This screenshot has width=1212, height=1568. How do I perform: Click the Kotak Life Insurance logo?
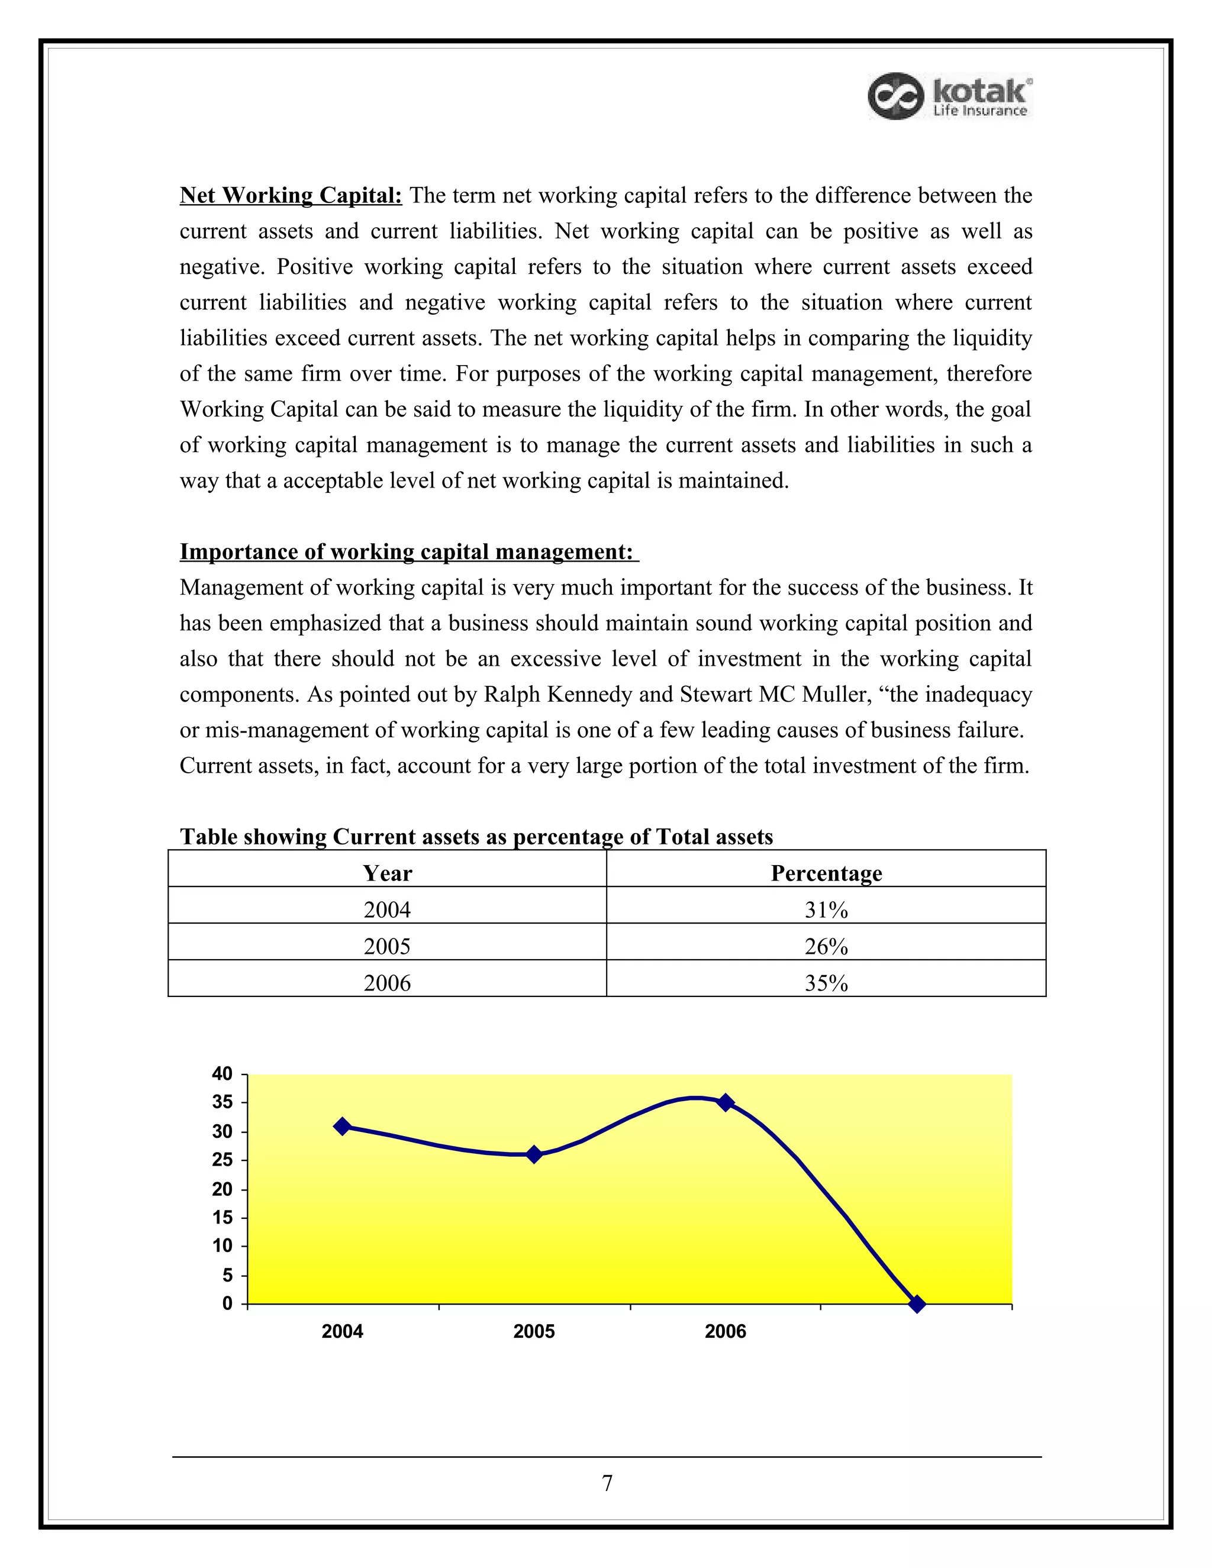[x=950, y=96]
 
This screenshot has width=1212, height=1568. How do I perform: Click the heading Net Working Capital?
[x=290, y=195]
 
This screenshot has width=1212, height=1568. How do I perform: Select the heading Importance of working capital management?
[x=408, y=551]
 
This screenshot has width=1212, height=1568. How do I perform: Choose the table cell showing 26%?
[x=826, y=946]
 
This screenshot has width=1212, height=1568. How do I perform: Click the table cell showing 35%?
[x=826, y=983]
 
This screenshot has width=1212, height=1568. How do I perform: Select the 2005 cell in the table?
[x=387, y=946]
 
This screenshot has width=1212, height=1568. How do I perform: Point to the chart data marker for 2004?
[x=343, y=1127]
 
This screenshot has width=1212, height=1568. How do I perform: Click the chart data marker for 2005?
[x=534, y=1154]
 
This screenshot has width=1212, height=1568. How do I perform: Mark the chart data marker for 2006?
[x=726, y=1103]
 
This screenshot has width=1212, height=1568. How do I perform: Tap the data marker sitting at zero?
[x=917, y=1304]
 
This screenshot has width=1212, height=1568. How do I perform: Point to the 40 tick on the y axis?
[x=223, y=1074]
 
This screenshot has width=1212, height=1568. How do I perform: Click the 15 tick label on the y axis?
[x=223, y=1218]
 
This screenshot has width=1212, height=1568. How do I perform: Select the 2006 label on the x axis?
[x=725, y=1332]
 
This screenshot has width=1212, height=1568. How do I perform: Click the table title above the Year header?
[x=476, y=837]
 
